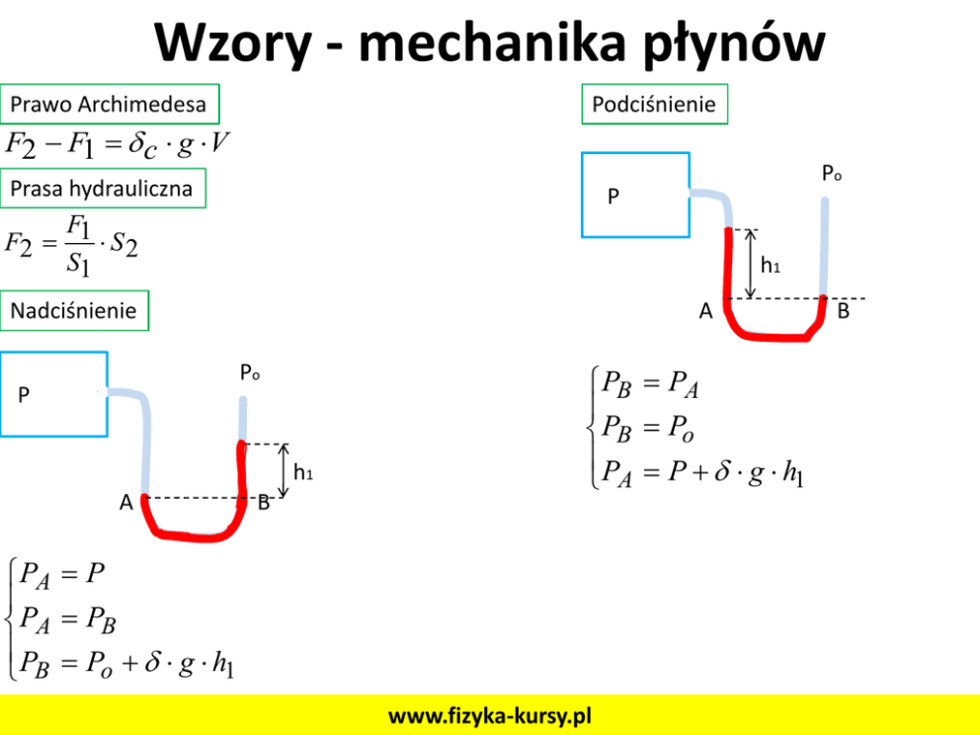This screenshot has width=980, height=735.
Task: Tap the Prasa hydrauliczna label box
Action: pos(102,188)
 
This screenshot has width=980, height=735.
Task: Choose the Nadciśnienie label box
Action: pos(74,310)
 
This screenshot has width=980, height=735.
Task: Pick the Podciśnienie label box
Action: pos(654,104)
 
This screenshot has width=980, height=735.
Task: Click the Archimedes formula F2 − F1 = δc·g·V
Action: pos(118,145)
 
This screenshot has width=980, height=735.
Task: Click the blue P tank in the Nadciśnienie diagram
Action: pos(53,393)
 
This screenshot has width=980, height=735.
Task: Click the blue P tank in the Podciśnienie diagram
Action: pos(634,195)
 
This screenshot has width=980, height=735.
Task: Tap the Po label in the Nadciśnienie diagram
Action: pos(250,373)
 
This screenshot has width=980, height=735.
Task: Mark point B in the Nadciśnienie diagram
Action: pos(264,503)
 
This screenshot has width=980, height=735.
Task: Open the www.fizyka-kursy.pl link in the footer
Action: pos(490,715)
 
